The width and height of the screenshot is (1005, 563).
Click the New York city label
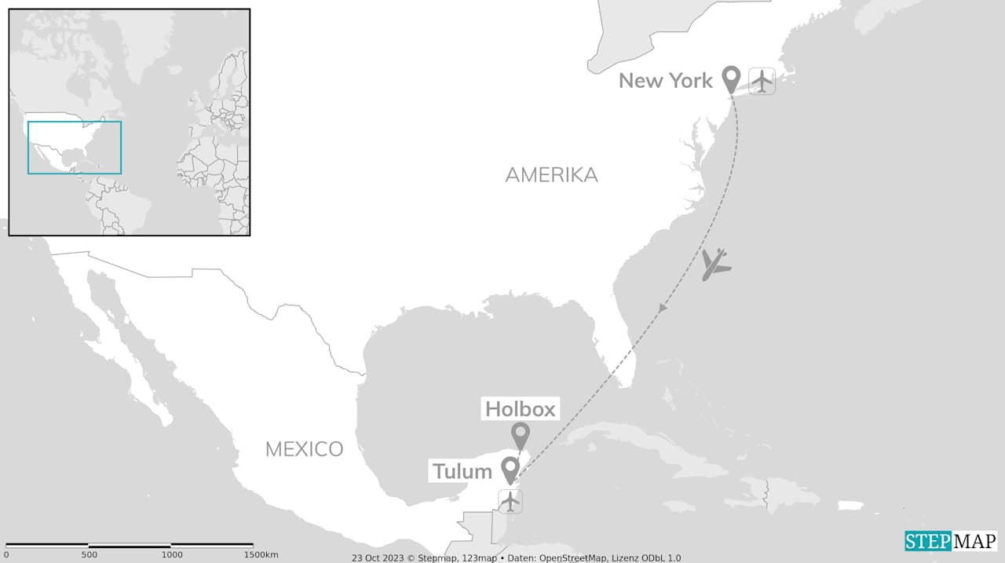(665, 80)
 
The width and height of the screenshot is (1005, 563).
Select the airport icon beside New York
(762, 81)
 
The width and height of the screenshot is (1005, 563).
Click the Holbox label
(520, 408)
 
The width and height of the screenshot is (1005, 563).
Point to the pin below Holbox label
(520, 435)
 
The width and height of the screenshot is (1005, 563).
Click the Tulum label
(462, 471)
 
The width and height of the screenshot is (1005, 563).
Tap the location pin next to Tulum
(510, 469)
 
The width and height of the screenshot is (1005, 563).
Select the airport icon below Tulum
(510, 500)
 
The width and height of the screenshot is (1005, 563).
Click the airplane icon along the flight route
(715, 265)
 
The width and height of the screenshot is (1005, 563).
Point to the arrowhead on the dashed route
(663, 309)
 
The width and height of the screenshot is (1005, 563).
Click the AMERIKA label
(551, 175)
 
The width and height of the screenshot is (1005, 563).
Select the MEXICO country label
(304, 449)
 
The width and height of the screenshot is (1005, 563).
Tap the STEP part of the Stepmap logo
(927, 541)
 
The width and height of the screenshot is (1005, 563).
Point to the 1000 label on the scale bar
(171, 555)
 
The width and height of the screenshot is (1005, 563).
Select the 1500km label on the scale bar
(260, 555)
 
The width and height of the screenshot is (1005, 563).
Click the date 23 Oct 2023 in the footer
(377, 558)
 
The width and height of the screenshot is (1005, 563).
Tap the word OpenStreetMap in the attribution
(572, 558)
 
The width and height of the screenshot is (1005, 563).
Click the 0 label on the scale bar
(6, 555)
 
